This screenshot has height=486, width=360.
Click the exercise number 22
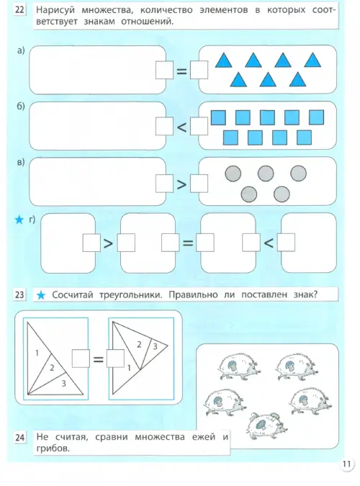coord(19,10)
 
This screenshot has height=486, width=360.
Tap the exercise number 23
coord(19,294)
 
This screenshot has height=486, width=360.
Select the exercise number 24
coord(19,437)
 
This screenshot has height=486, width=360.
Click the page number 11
coord(346,464)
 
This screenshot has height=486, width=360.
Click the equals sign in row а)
coord(181,71)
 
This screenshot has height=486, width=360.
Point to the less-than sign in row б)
coord(181,127)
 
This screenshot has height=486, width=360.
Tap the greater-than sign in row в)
coord(181,184)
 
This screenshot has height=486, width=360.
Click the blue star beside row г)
coord(19,220)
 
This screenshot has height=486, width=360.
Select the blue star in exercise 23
coord(41,295)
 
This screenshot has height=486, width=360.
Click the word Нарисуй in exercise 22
coord(55,10)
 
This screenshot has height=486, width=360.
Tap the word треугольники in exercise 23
coord(131,294)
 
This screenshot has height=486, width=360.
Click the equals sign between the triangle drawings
coord(99,359)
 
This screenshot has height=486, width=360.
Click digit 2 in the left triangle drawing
coord(52,368)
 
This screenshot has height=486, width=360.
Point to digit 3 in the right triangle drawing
coord(155,346)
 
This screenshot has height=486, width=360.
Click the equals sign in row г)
coord(188,243)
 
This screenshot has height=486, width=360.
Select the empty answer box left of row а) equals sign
coord(164,70)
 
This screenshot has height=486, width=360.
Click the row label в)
coord(21,163)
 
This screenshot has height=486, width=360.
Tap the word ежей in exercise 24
coord(204,437)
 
